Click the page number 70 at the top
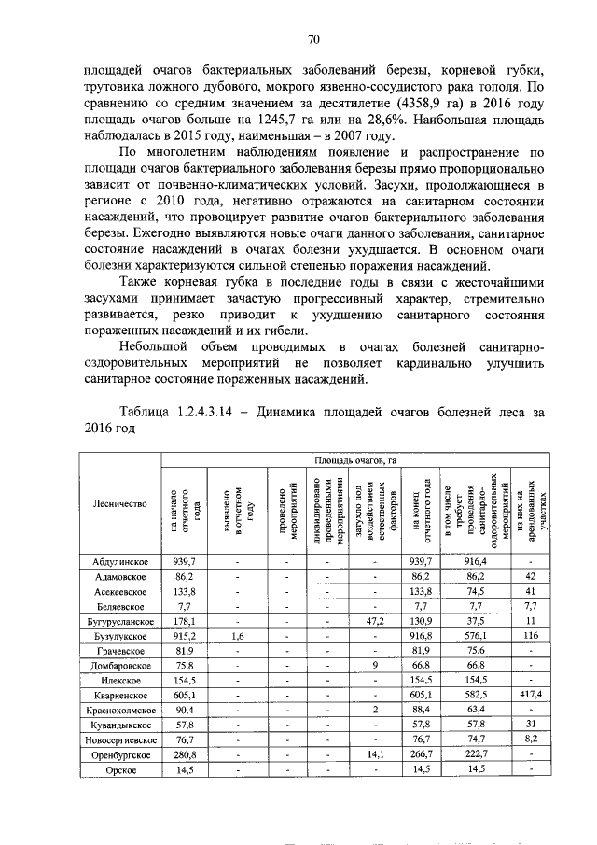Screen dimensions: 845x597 313,38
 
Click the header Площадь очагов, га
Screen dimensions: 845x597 355,459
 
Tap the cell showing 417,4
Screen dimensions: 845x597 529,695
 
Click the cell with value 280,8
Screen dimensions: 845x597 184,754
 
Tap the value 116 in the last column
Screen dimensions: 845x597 529,635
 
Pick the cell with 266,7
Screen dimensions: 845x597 422,754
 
